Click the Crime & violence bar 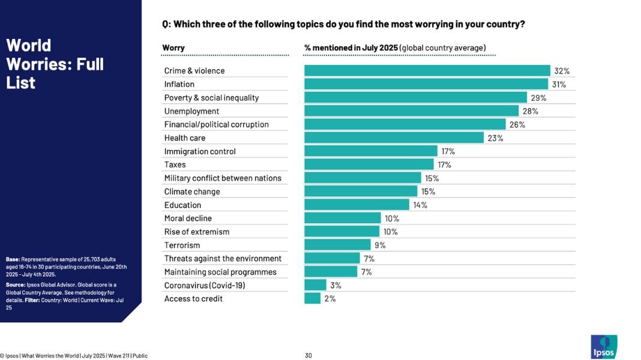coord(427,71)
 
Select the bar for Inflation coord(426,84)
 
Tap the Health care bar coord(394,138)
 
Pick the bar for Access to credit coord(312,299)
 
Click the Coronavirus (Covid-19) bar coord(315,285)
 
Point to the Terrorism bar coord(337,245)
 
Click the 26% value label coord(517,125)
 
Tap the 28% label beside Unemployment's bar coord(530,111)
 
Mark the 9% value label coord(379,245)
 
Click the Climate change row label coord(192,192)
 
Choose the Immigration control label coord(200,151)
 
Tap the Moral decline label coord(188,218)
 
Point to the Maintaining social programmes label coord(220,272)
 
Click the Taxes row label coord(175,164)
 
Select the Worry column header coord(173,48)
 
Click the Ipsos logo coord(604,347)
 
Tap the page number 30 coord(308,356)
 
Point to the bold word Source coord(16,284)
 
